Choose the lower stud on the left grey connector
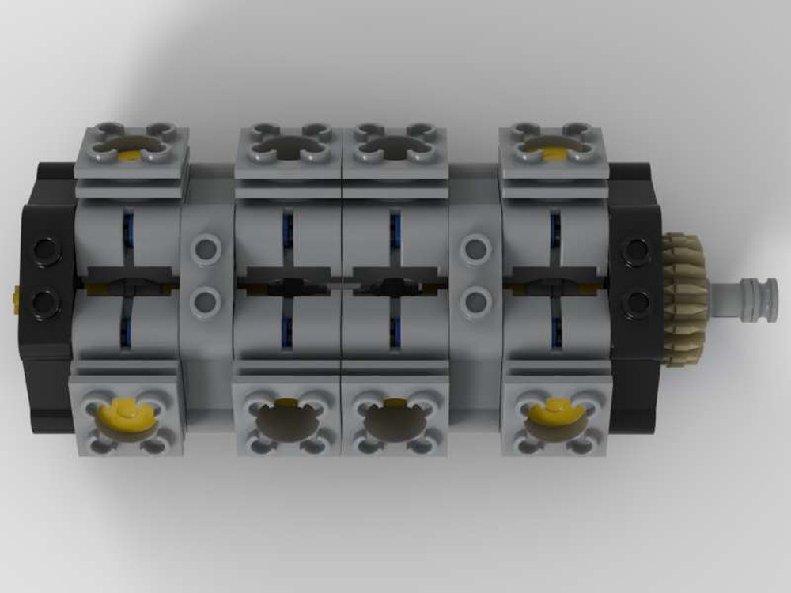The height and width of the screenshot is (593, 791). point(205,300)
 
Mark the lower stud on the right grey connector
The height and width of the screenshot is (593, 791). point(476,300)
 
